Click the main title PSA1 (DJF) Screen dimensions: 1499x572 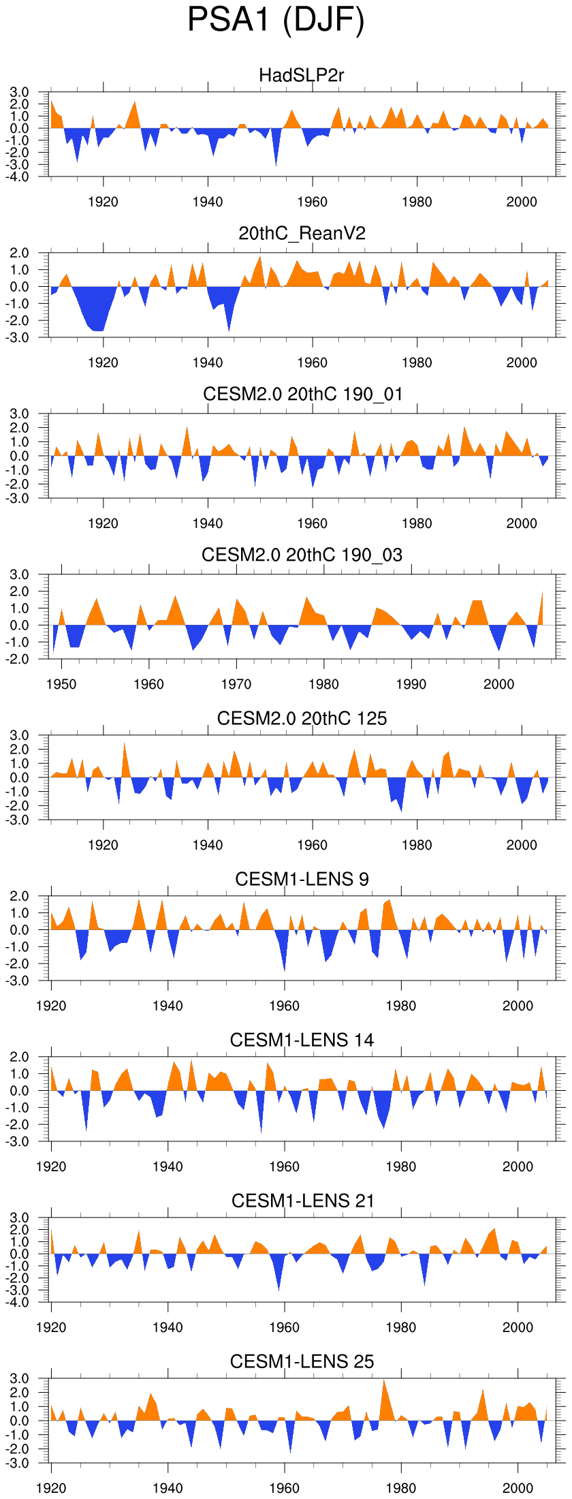[276, 20]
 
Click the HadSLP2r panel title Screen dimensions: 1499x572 [302, 75]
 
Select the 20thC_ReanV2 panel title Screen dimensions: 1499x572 [302, 234]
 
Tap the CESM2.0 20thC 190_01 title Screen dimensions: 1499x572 [302, 394]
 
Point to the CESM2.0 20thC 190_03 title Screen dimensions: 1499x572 [302, 555]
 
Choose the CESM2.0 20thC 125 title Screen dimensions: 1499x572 [302, 718]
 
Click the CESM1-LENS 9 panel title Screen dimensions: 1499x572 [302, 879]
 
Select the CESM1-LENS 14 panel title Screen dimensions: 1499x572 [302, 1040]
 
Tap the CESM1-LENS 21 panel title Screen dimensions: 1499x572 [302, 1201]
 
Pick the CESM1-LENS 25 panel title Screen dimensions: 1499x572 [302, 1361]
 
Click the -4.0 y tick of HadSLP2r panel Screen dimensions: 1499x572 [19, 176]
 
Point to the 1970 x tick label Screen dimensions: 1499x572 [236, 684]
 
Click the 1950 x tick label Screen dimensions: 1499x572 [61, 684]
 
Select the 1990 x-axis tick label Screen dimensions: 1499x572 [411, 684]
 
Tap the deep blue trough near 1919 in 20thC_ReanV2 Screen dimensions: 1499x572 [99, 320]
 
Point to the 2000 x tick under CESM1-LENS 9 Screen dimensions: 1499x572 [518, 1006]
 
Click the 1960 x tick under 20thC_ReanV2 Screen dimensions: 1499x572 [312, 362]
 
